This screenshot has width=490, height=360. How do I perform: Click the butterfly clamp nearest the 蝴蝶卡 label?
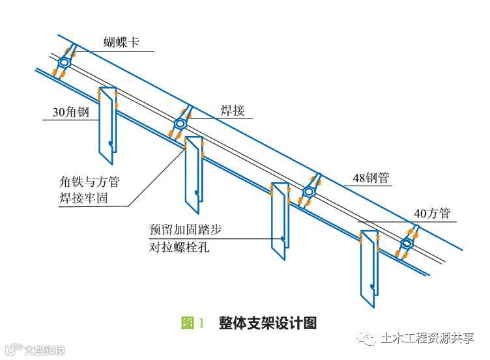[x=65, y=62]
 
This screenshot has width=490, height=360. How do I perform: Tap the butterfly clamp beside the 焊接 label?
[x=180, y=123]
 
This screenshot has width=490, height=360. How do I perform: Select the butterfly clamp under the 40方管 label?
[x=407, y=243]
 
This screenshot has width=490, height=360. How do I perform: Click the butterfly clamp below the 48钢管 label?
[x=309, y=191]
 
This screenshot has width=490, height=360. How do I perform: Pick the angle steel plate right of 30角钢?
[x=107, y=124]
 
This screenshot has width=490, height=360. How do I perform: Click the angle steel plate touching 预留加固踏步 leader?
[x=280, y=221]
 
